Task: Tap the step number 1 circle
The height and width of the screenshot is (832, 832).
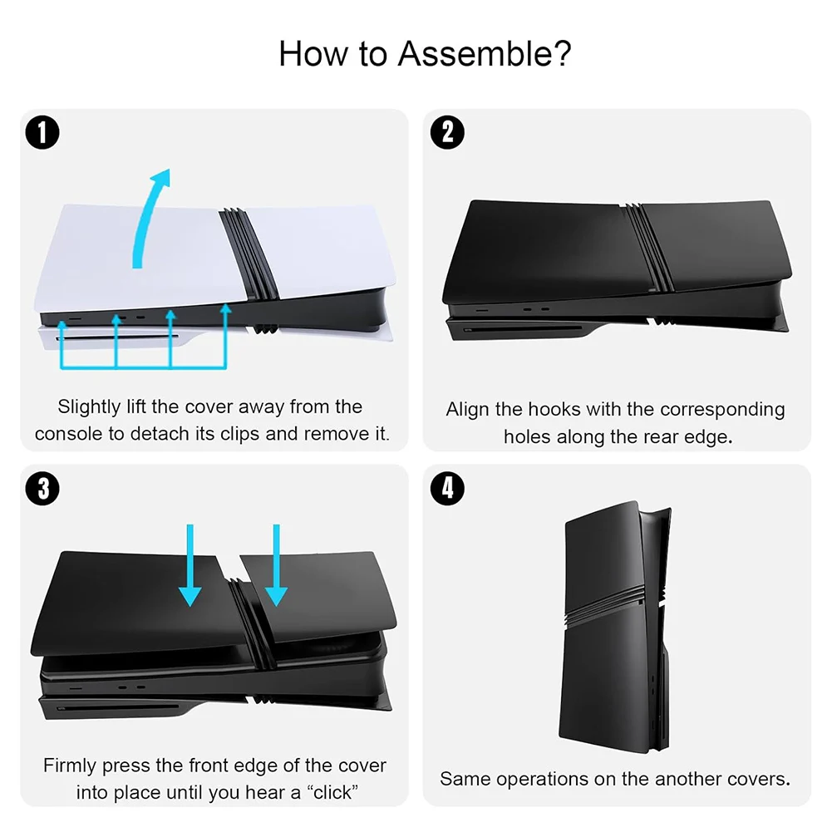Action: [x=42, y=132]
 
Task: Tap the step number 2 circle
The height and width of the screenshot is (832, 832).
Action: [x=447, y=132]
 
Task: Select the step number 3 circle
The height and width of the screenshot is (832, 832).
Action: [x=42, y=488]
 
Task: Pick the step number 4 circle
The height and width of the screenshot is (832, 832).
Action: [x=447, y=488]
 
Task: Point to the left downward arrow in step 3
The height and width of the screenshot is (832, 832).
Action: [x=190, y=566]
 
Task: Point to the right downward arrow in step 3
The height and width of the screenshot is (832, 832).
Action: [x=276, y=566]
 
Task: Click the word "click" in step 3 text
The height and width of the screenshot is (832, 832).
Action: [x=332, y=792]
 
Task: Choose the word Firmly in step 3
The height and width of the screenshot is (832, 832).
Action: [x=70, y=766]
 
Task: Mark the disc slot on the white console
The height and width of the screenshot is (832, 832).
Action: [x=117, y=337]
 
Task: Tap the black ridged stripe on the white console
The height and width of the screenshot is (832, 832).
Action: [x=249, y=254]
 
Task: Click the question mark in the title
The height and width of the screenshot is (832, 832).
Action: [x=562, y=53]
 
